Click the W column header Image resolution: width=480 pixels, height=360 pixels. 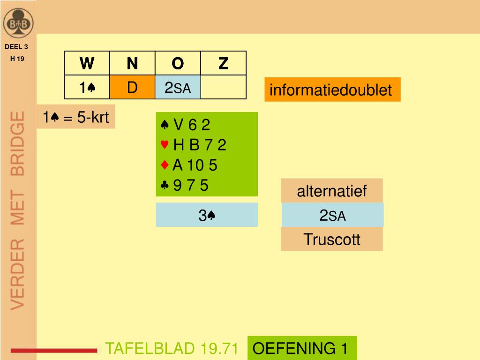pyautogui.click(x=87, y=63)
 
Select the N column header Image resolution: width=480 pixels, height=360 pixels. pyautogui.click(x=132, y=63)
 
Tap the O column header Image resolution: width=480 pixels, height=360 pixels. pyautogui.click(x=178, y=63)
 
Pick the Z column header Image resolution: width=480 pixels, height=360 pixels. pyautogui.click(x=223, y=63)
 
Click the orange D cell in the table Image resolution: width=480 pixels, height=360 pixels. pyautogui.click(x=132, y=87)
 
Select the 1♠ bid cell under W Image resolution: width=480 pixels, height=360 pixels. pyautogui.click(x=87, y=87)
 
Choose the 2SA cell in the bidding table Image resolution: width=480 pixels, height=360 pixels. pyautogui.click(x=178, y=87)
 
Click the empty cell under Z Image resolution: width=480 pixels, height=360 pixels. pyautogui.click(x=223, y=87)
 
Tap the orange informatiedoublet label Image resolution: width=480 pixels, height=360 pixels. pyautogui.click(x=332, y=90)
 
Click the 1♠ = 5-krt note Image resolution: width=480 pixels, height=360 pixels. pyautogui.click(x=76, y=117)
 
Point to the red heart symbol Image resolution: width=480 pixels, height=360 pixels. pyautogui.click(x=165, y=145)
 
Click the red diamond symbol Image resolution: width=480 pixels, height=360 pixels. pyautogui.click(x=165, y=165)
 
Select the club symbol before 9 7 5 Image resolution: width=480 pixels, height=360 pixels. pyautogui.click(x=165, y=186)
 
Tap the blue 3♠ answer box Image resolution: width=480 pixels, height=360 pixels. pyautogui.click(x=207, y=215)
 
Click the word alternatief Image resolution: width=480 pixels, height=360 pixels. pyautogui.click(x=332, y=191)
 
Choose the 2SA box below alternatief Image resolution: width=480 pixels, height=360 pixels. pyautogui.click(x=332, y=215)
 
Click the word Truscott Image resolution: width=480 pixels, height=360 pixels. pyautogui.click(x=332, y=239)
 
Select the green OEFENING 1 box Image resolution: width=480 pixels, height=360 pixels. pyautogui.click(x=302, y=348)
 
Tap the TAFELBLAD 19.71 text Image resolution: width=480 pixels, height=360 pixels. pyautogui.click(x=172, y=348)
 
